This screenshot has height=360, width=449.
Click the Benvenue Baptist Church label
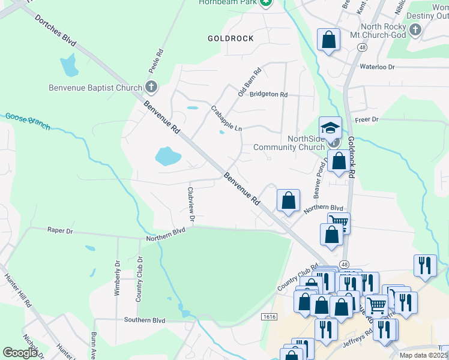(95, 88)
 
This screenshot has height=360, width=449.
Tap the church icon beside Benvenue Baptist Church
(151, 88)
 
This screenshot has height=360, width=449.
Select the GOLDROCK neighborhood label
(231, 38)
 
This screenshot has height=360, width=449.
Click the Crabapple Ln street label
(226, 119)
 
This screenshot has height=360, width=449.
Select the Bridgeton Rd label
(268, 95)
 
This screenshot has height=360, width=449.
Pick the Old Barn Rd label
(249, 83)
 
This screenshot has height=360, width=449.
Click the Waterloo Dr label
(377, 67)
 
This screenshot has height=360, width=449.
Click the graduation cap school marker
(330, 127)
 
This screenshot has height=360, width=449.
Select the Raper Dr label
(60, 230)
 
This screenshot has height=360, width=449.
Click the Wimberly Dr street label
(117, 278)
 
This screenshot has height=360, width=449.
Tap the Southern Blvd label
(145, 320)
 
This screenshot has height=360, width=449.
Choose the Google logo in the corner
(20, 352)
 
